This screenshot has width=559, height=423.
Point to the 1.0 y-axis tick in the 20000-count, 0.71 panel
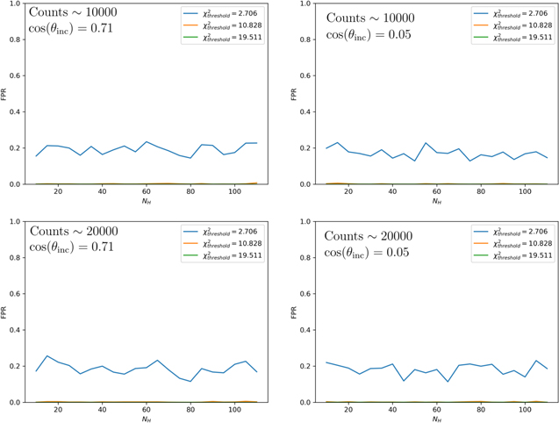click(x=16, y=221)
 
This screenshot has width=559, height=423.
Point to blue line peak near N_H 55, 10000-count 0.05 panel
click(x=426, y=143)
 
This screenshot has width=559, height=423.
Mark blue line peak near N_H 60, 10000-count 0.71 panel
click(x=147, y=141)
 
